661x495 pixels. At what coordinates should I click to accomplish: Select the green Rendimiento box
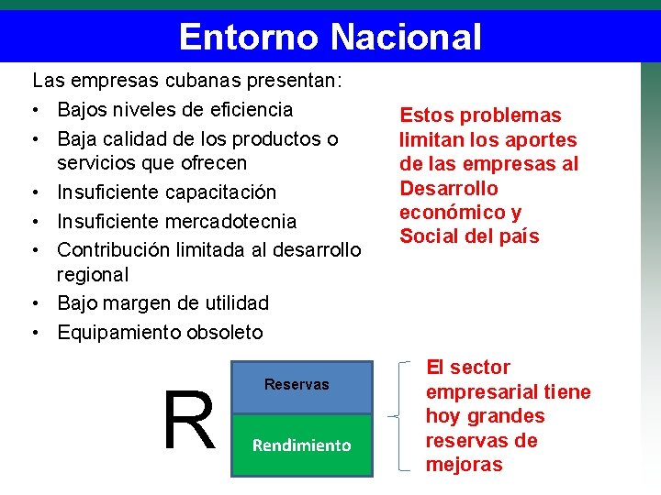pos(302,445)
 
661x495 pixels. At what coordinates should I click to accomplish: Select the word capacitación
pos(220,192)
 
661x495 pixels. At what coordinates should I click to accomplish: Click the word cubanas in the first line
pos(152,81)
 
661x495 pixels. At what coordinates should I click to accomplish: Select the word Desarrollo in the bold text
pos(448,188)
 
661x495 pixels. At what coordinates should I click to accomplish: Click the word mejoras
pos(464,465)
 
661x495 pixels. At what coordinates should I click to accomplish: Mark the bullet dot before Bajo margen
pos(34,303)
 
